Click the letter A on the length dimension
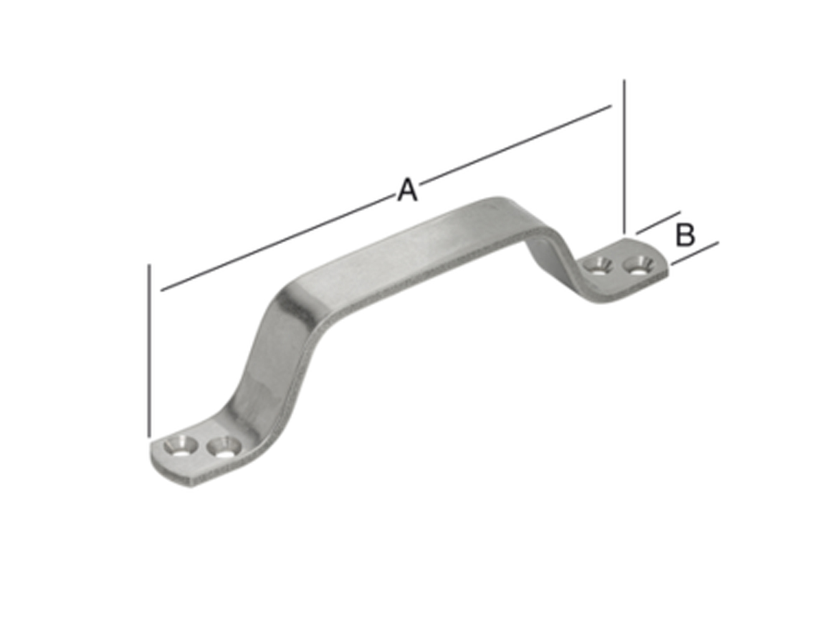(x=407, y=190)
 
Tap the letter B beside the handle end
(x=685, y=235)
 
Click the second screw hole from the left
(x=222, y=447)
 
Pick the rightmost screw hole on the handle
(x=638, y=267)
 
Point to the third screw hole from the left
(x=599, y=265)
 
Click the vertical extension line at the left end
(x=150, y=349)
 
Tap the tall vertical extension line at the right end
(x=624, y=156)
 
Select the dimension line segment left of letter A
(x=274, y=244)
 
